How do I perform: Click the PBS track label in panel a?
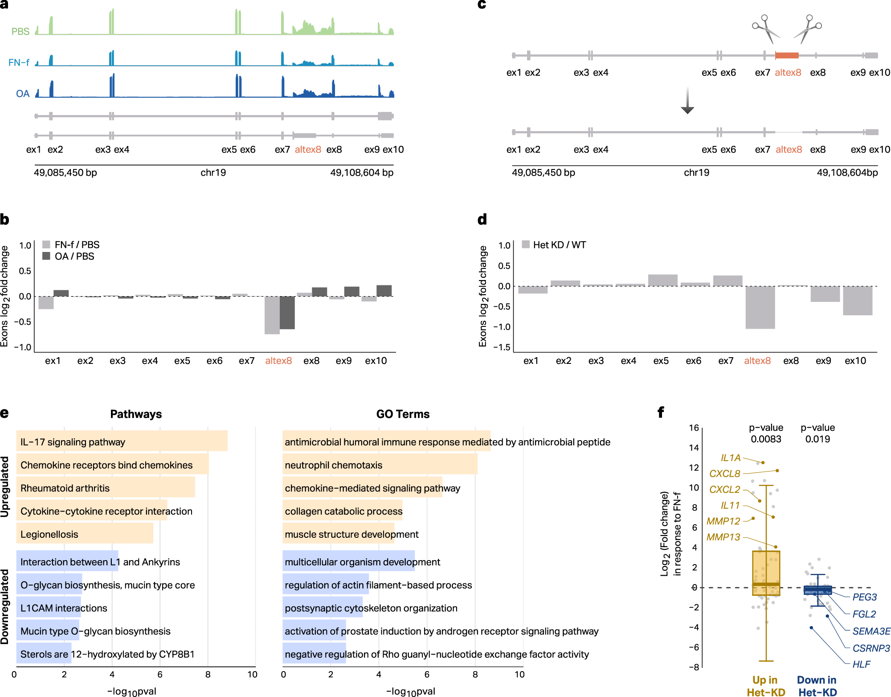(20, 32)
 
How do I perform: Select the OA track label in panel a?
(23, 94)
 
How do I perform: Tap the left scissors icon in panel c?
(765, 29)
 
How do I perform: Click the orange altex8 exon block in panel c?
(787, 55)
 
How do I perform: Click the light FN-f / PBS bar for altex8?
(272, 315)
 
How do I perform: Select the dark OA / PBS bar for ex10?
(384, 290)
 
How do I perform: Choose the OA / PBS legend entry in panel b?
(69, 256)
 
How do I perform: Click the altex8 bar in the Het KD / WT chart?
(760, 307)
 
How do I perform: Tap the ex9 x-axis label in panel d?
(823, 361)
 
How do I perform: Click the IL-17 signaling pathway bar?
(122, 441)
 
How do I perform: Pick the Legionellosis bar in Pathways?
(85, 534)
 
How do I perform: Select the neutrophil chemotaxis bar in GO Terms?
(380, 465)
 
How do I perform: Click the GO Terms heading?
(403, 414)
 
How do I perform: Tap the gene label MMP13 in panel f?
(723, 537)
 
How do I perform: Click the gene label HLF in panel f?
(861, 664)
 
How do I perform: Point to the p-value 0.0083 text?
(766, 439)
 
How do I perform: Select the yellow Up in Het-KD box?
(766, 573)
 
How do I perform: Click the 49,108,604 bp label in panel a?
(361, 173)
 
